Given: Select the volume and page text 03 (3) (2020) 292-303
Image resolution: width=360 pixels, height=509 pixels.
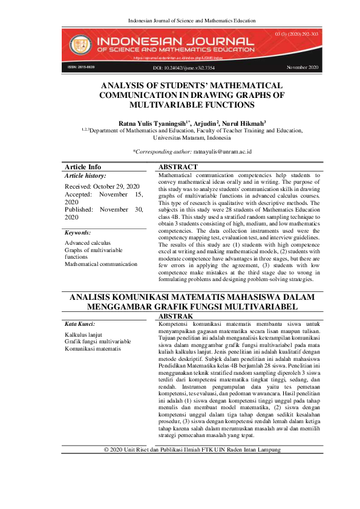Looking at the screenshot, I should coord(296,35).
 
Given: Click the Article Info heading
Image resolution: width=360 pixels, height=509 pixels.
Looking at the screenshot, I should coord(83,167).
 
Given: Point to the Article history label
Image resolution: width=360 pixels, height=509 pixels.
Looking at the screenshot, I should coord(85,175).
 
